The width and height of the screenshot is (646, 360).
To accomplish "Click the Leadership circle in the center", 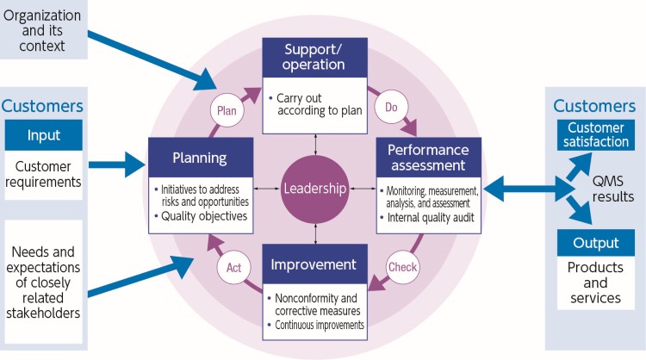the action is click(x=314, y=189).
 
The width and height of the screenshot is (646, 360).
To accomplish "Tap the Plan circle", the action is click(x=227, y=110).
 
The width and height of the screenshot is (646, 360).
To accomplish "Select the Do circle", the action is click(x=391, y=107).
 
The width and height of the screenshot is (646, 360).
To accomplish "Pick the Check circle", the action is click(x=402, y=267).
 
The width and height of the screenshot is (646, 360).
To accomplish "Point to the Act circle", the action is click(x=233, y=267).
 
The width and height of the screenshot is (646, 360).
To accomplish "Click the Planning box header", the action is click(x=201, y=158).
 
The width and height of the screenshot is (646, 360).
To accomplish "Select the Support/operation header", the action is click(x=314, y=58).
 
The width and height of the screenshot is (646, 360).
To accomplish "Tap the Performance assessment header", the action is click(x=428, y=158).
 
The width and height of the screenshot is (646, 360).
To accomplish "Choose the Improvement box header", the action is click(x=314, y=264).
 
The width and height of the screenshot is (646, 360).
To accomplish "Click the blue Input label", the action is click(x=44, y=135).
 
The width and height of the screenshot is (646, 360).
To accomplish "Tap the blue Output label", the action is click(x=596, y=243).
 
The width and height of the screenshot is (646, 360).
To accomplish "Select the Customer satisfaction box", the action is click(x=596, y=134).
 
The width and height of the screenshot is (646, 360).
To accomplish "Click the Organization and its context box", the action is click(x=43, y=29).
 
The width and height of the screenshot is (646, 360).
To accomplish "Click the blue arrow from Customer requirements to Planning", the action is click(x=117, y=164).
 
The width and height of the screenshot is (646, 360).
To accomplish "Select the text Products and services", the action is click(x=595, y=282).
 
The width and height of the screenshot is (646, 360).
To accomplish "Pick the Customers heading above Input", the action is click(x=42, y=106).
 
